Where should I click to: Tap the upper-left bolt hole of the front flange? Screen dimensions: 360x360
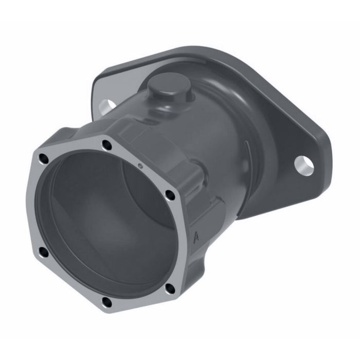click(44, 160)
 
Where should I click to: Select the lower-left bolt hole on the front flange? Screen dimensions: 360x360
click(43, 251)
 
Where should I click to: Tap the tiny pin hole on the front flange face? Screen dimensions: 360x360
click(140, 166)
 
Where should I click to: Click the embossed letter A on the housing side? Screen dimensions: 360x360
click(196, 237)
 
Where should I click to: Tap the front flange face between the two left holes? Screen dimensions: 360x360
click(37, 206)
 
